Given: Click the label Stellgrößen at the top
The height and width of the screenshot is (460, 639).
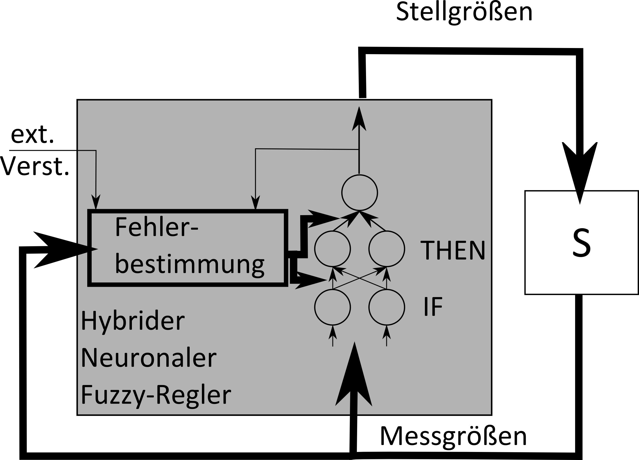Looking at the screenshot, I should tap(464, 13).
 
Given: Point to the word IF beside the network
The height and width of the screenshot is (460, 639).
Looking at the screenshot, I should tap(433, 307).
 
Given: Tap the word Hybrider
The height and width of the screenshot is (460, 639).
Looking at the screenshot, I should tap(133, 321).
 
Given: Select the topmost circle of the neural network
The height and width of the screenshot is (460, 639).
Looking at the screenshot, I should tap(359, 193).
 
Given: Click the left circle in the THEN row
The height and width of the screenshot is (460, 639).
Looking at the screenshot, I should tap(332, 249).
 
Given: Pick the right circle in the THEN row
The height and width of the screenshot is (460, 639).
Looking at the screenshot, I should tap(387, 249).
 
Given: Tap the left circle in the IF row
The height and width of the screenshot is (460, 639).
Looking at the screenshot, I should tap(332, 307).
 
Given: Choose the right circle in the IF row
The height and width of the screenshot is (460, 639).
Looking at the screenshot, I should tap(387, 307).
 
